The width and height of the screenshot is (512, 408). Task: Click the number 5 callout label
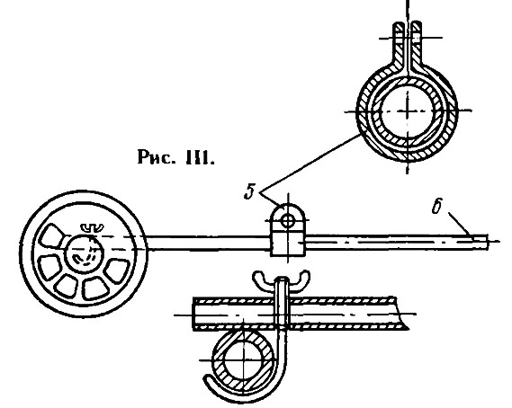250,192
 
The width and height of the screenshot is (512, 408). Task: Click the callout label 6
437,207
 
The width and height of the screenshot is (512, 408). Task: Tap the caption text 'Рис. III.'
176,157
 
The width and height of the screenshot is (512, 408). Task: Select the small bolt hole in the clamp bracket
288,221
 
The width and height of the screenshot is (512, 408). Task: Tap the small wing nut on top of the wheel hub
92,227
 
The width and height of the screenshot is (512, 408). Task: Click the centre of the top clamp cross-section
408,111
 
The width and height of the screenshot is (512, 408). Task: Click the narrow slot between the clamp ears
408,46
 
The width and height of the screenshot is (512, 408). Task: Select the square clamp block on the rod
288,243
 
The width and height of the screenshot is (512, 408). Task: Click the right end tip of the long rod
488,242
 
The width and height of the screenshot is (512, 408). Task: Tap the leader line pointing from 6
460,224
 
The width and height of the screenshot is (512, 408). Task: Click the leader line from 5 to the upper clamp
310,164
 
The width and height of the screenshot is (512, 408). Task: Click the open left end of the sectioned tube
193,314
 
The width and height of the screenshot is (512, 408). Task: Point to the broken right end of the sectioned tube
400,314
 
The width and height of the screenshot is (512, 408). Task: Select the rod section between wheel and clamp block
209,243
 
